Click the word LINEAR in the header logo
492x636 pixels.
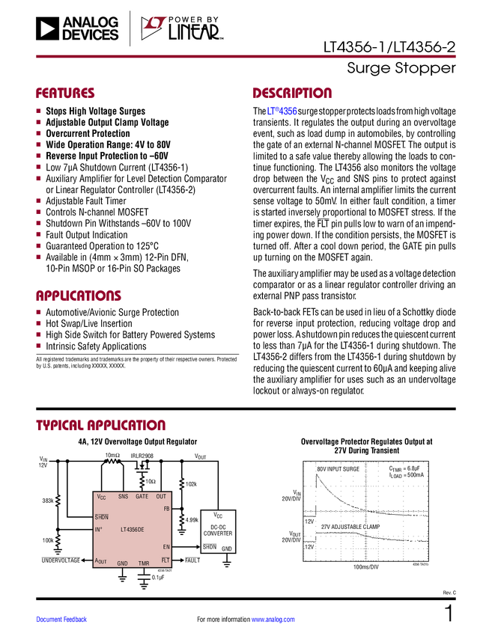click(x=193, y=33)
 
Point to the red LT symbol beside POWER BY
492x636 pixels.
click(x=153, y=28)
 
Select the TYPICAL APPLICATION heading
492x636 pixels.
click(x=100, y=424)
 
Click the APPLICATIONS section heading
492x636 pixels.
click(x=78, y=296)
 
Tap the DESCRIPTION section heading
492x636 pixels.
click(x=292, y=94)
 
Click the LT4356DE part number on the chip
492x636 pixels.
click(x=133, y=529)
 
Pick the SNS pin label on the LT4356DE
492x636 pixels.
click(x=123, y=496)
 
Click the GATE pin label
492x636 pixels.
click(x=142, y=496)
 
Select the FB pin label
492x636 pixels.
click(x=166, y=509)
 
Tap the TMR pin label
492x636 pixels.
click(x=144, y=563)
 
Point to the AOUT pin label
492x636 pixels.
click(x=101, y=561)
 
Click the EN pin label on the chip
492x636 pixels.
click(x=166, y=547)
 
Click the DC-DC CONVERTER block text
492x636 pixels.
click(x=218, y=530)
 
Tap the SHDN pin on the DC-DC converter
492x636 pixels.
click(x=209, y=547)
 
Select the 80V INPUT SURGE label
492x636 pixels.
click(x=338, y=469)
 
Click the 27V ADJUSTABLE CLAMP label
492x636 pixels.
click(x=350, y=527)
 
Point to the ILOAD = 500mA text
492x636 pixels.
click(x=406, y=475)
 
